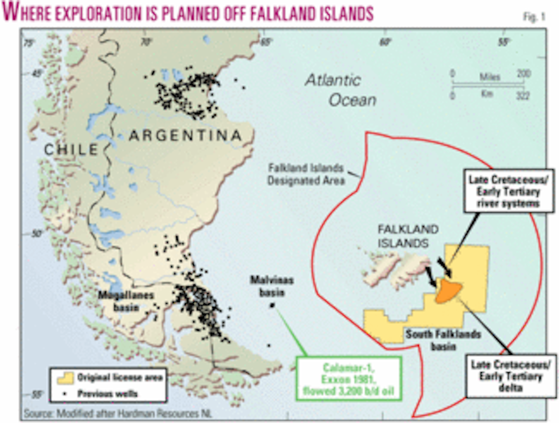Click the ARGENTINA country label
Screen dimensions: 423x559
pos(186,136)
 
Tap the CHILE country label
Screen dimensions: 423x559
pos(71,150)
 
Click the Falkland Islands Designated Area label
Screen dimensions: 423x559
pos(306,174)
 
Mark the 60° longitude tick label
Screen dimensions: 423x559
pos(385,43)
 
